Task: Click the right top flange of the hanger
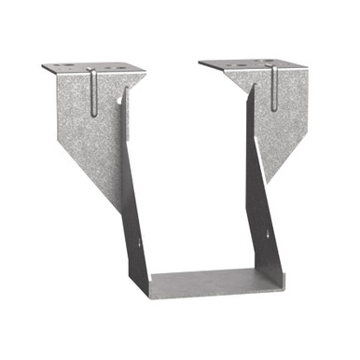[252, 66]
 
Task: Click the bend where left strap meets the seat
[149, 280]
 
